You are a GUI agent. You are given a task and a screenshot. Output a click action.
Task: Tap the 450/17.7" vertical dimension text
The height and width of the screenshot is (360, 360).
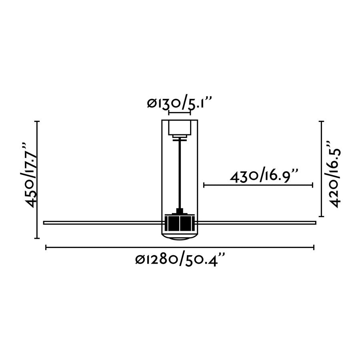[x=32, y=174]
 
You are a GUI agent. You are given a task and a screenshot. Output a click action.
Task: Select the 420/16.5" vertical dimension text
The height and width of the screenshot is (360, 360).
[x=334, y=173]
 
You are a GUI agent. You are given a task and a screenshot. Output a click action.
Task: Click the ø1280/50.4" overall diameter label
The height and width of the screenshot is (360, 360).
[x=181, y=260]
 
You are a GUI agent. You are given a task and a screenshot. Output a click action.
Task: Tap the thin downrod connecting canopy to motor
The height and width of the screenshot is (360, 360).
[x=180, y=172]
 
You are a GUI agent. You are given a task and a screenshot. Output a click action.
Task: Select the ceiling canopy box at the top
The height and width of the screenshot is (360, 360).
[x=179, y=128]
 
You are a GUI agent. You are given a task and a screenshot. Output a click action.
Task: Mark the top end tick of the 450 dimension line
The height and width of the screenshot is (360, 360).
[x=38, y=121]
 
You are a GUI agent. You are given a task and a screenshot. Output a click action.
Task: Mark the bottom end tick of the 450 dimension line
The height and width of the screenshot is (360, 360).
[x=38, y=238]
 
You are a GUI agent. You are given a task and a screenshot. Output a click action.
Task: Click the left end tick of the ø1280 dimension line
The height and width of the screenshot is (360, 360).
[x=46, y=248]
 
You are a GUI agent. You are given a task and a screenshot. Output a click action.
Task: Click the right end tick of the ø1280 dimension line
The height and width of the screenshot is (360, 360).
[x=314, y=248]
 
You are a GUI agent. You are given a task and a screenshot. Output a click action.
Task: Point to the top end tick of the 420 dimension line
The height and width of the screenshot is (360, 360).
[x=321, y=121]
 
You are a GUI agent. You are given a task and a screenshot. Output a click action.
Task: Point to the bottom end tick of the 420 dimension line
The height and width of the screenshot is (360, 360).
[x=321, y=216]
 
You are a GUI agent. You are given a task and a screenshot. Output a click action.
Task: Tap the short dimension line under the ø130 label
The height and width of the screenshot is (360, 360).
[x=179, y=114]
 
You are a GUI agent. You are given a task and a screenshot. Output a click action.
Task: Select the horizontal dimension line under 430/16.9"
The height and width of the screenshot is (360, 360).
[x=258, y=185]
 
